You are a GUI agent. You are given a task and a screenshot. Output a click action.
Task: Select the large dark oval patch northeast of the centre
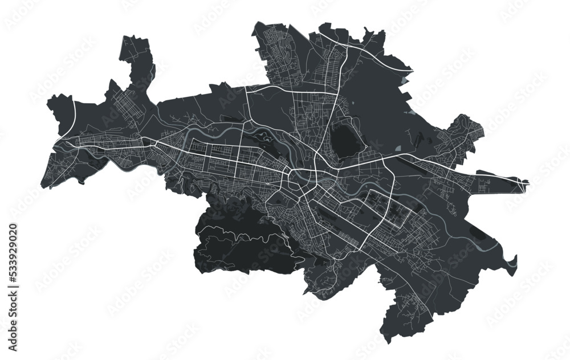[344, 139]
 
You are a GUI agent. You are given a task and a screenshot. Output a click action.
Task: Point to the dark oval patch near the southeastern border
[478, 233]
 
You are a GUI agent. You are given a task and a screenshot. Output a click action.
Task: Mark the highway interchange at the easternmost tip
[522, 182]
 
